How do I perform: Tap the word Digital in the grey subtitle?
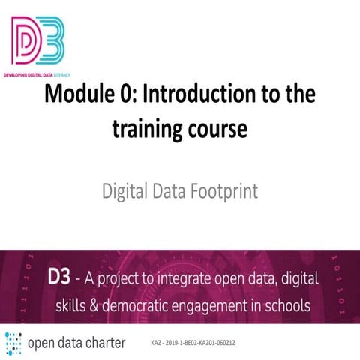[x=124, y=191]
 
